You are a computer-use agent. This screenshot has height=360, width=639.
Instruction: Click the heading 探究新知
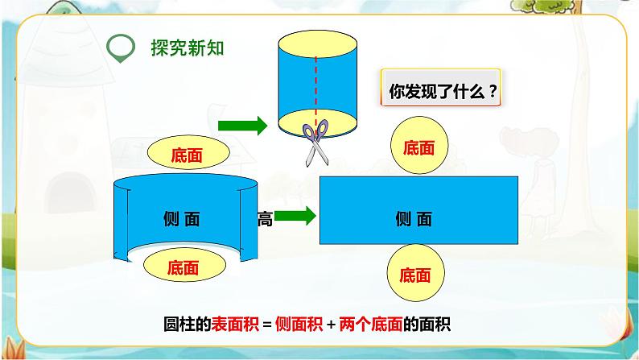188,47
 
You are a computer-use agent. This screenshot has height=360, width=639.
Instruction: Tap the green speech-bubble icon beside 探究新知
122,48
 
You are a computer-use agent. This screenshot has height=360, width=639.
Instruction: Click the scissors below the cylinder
315,142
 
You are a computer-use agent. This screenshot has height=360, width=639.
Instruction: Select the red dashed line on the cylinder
315,85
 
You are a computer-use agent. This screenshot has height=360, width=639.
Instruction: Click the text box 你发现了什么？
440,91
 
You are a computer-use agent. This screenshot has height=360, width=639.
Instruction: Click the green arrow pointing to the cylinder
242,125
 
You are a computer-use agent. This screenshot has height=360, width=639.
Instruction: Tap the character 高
265,218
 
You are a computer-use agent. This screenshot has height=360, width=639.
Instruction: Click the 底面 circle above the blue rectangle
418,147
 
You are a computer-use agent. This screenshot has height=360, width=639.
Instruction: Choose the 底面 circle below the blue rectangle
418,273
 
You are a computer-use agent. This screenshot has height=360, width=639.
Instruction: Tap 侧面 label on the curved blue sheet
180,218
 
